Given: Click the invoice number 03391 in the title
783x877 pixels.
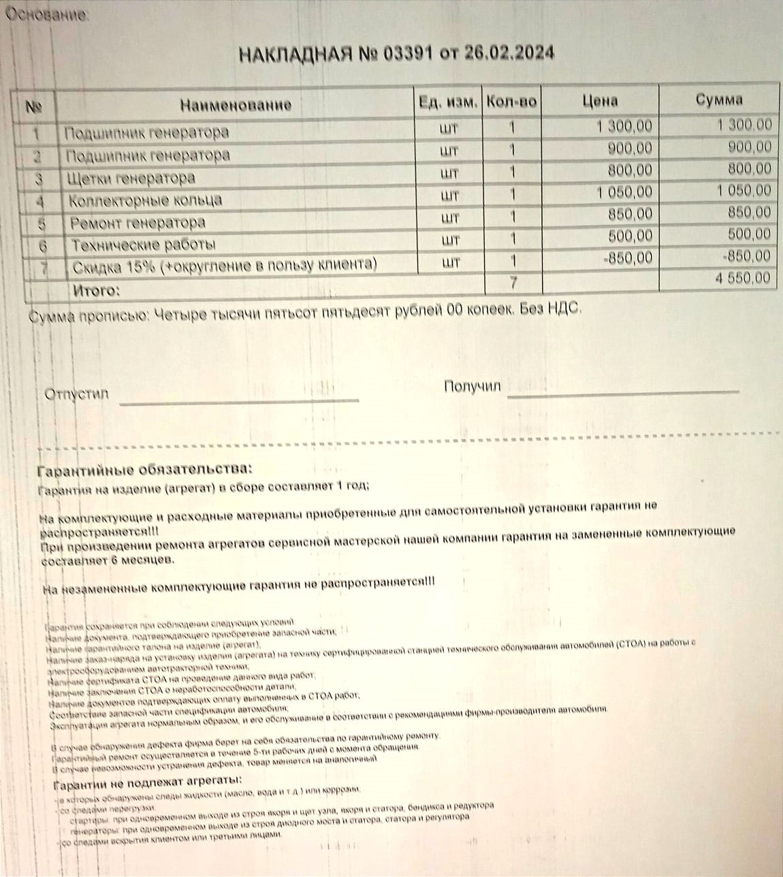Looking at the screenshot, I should pyautogui.click(x=407, y=54).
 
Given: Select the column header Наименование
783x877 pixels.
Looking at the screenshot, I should pyautogui.click(x=236, y=105).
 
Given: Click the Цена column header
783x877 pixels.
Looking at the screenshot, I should pyautogui.click(x=600, y=101).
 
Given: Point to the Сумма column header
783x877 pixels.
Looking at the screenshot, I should pyautogui.click(x=719, y=99).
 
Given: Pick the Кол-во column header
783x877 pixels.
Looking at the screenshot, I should pyautogui.click(x=511, y=102).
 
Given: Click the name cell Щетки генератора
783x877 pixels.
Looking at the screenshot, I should pyautogui.click(x=131, y=178).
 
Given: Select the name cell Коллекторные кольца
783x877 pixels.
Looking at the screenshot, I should pyautogui.click(x=145, y=201).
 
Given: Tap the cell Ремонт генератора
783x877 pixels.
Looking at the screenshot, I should pyautogui.click(x=138, y=223).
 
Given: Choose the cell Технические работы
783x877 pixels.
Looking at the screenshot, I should pyautogui.click(x=144, y=244).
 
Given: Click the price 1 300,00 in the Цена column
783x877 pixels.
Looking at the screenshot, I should pyautogui.click(x=624, y=126).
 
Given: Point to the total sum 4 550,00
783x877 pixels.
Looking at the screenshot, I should pyautogui.click(x=743, y=278).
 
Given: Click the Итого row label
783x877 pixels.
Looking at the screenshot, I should pyautogui.click(x=96, y=291).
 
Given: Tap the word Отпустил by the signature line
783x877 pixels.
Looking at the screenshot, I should pyautogui.click(x=76, y=394).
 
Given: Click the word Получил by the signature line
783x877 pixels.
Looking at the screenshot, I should pyautogui.click(x=472, y=387).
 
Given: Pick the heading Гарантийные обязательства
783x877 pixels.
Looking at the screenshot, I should pyautogui.click(x=144, y=470).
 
